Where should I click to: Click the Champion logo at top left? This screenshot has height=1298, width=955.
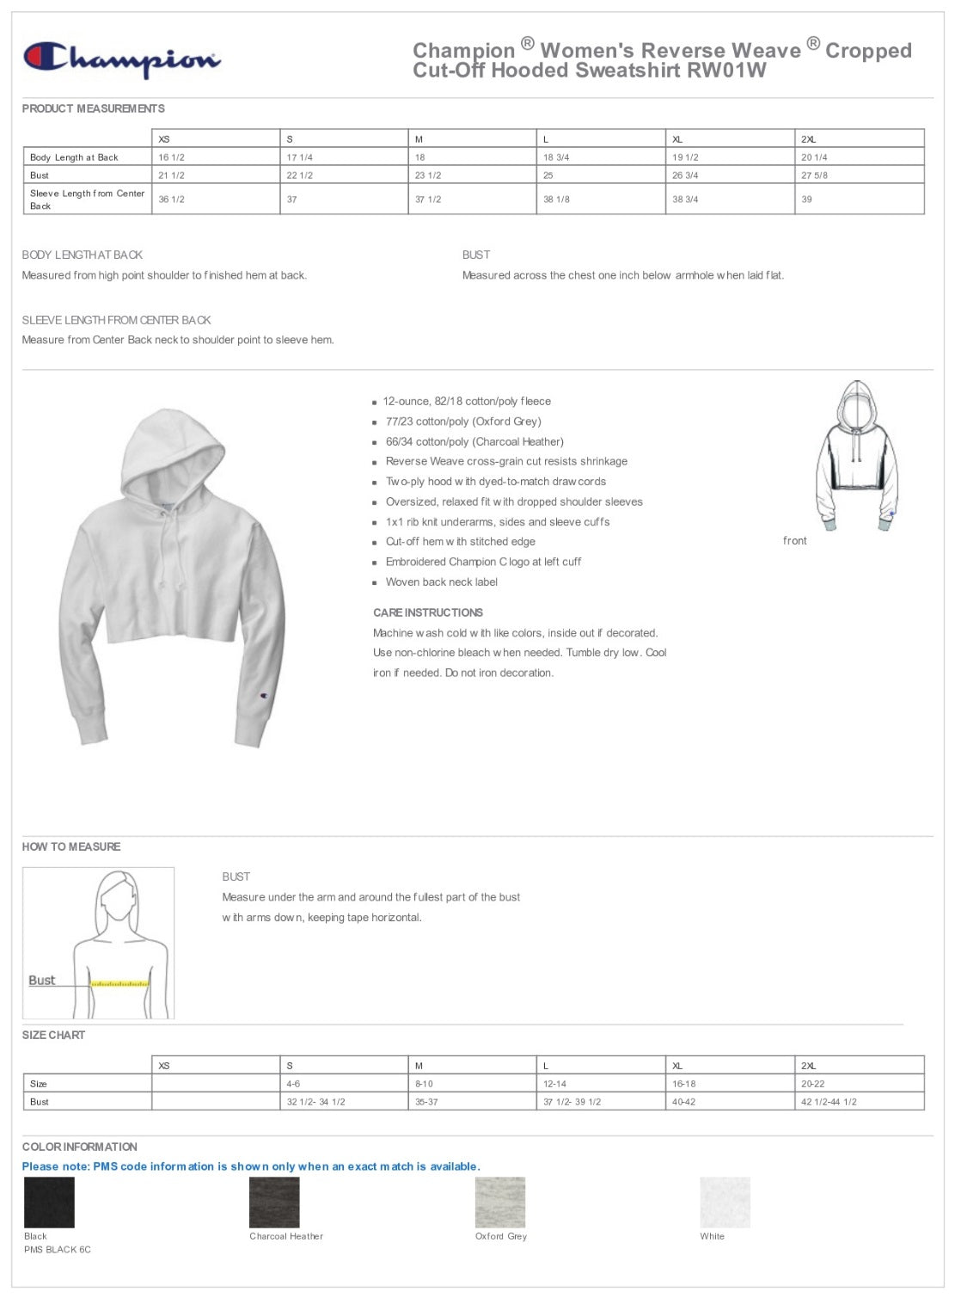(121, 59)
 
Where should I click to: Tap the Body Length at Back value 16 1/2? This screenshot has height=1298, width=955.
(172, 157)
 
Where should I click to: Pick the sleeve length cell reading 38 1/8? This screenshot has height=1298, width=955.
(556, 200)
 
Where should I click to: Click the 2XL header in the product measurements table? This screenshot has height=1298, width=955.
(808, 139)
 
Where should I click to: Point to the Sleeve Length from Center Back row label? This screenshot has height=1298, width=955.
(87, 200)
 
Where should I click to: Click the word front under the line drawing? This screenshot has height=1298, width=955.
(795, 541)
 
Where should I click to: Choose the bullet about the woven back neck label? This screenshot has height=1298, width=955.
(441, 582)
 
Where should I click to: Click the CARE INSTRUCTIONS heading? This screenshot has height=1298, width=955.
(428, 612)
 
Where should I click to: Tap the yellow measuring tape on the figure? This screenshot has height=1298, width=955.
(120, 981)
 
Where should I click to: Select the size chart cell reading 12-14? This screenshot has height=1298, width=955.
(555, 1084)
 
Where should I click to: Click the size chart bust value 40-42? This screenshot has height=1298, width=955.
(684, 1102)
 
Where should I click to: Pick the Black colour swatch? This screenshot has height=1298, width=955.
(49, 1202)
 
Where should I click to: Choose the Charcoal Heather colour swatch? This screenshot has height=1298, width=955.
(274, 1202)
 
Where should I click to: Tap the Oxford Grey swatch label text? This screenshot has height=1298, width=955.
(501, 1237)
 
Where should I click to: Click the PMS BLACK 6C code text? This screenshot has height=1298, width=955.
(58, 1250)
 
